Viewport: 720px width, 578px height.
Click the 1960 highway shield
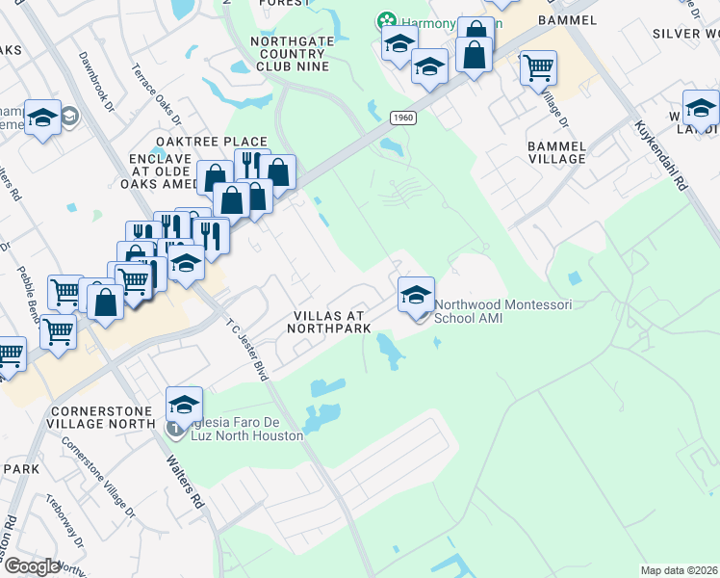[402, 118]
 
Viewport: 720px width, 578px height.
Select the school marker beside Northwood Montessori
[416, 294]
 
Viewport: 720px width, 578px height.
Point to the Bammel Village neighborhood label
[556, 151]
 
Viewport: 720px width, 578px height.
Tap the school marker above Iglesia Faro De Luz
[184, 404]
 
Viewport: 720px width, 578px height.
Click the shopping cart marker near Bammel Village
[538, 67]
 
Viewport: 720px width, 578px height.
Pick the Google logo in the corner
[33, 565]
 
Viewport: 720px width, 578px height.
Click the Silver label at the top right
[685, 34]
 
